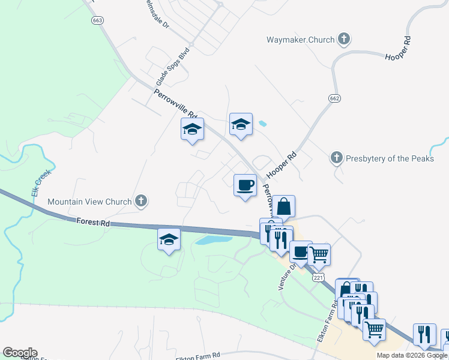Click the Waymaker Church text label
[x=300, y=40]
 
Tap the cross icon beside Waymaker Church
[x=344, y=40]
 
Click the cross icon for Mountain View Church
[x=141, y=201]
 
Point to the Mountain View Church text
[x=89, y=202]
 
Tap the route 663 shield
[x=97, y=20]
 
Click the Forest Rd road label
[x=92, y=222]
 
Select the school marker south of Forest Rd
[x=169, y=239]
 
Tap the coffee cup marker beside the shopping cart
[x=300, y=251]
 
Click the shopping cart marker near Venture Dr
[x=319, y=254]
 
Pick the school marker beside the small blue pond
[x=241, y=124]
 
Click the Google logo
[x=20, y=353]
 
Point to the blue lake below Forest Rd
[x=214, y=240]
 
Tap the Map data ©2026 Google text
[x=412, y=355]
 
